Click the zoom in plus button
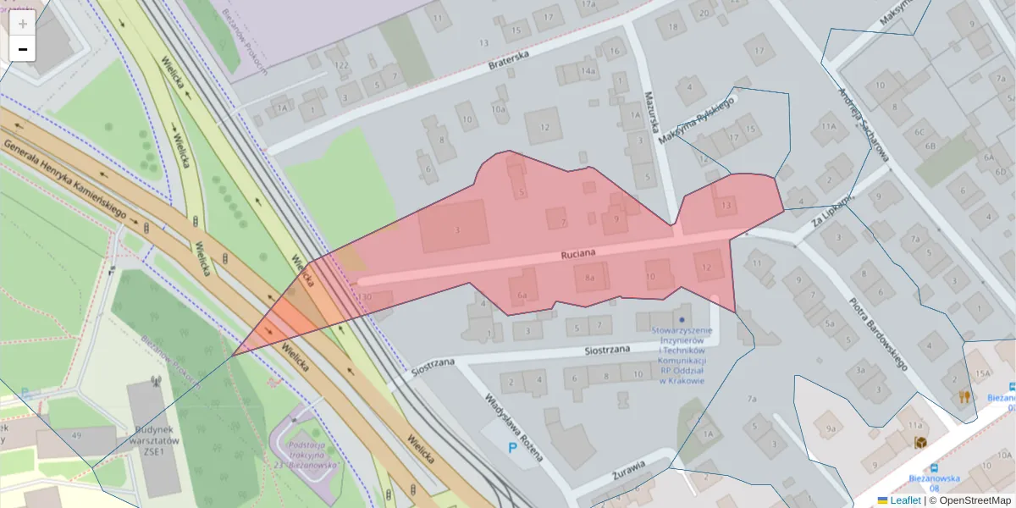(x=23, y=24)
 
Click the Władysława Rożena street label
(x=513, y=429)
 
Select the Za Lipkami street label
(x=831, y=206)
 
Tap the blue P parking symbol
(x=511, y=448)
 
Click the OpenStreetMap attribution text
(x=970, y=500)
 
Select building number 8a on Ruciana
(x=591, y=278)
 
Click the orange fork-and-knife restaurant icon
(x=964, y=396)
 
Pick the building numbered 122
(x=341, y=65)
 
